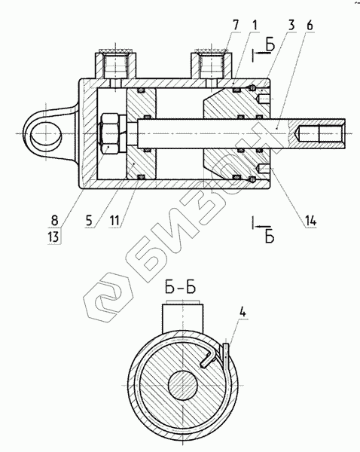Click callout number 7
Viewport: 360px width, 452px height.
tap(236, 26)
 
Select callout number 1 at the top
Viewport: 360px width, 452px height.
tap(255, 26)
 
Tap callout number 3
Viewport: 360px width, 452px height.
tap(291, 26)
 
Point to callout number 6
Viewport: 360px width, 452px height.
tap(310, 26)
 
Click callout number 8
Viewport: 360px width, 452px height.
tap(54, 221)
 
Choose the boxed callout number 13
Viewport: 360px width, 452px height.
tap(54, 237)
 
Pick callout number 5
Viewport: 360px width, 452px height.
tap(88, 221)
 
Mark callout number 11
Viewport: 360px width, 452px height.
tap(114, 221)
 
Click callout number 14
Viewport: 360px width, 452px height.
tap(310, 221)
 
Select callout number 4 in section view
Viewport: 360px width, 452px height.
tap(243, 312)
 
